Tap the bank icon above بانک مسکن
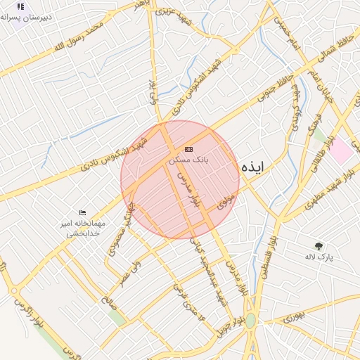tap(188, 149)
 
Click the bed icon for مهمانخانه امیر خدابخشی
tap(83, 212)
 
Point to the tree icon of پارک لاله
tap(319, 246)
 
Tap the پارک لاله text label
tap(319, 257)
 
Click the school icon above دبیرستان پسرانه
tap(20, 6)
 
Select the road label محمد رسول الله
tap(77, 37)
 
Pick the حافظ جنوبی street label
tap(276, 89)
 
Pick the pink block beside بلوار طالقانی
tap(342, 149)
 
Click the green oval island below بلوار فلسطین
tap(250, 321)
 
